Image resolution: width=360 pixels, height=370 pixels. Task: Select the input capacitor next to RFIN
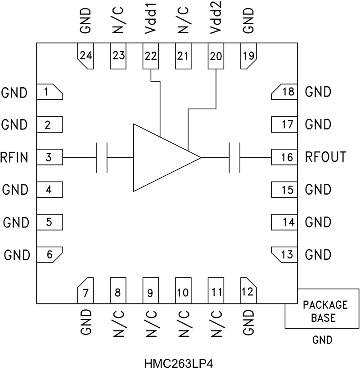coord(102,158)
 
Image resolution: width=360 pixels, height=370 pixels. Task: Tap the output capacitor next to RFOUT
coord(234,158)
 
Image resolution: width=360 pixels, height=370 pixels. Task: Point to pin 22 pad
coord(151,56)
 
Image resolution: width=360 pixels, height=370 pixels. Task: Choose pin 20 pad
coord(216,56)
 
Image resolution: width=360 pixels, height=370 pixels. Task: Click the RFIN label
coord(15,158)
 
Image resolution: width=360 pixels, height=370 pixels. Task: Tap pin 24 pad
coord(85,56)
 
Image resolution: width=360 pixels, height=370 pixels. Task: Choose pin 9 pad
coord(151,291)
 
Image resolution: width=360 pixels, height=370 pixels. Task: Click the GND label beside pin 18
coord(318,93)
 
